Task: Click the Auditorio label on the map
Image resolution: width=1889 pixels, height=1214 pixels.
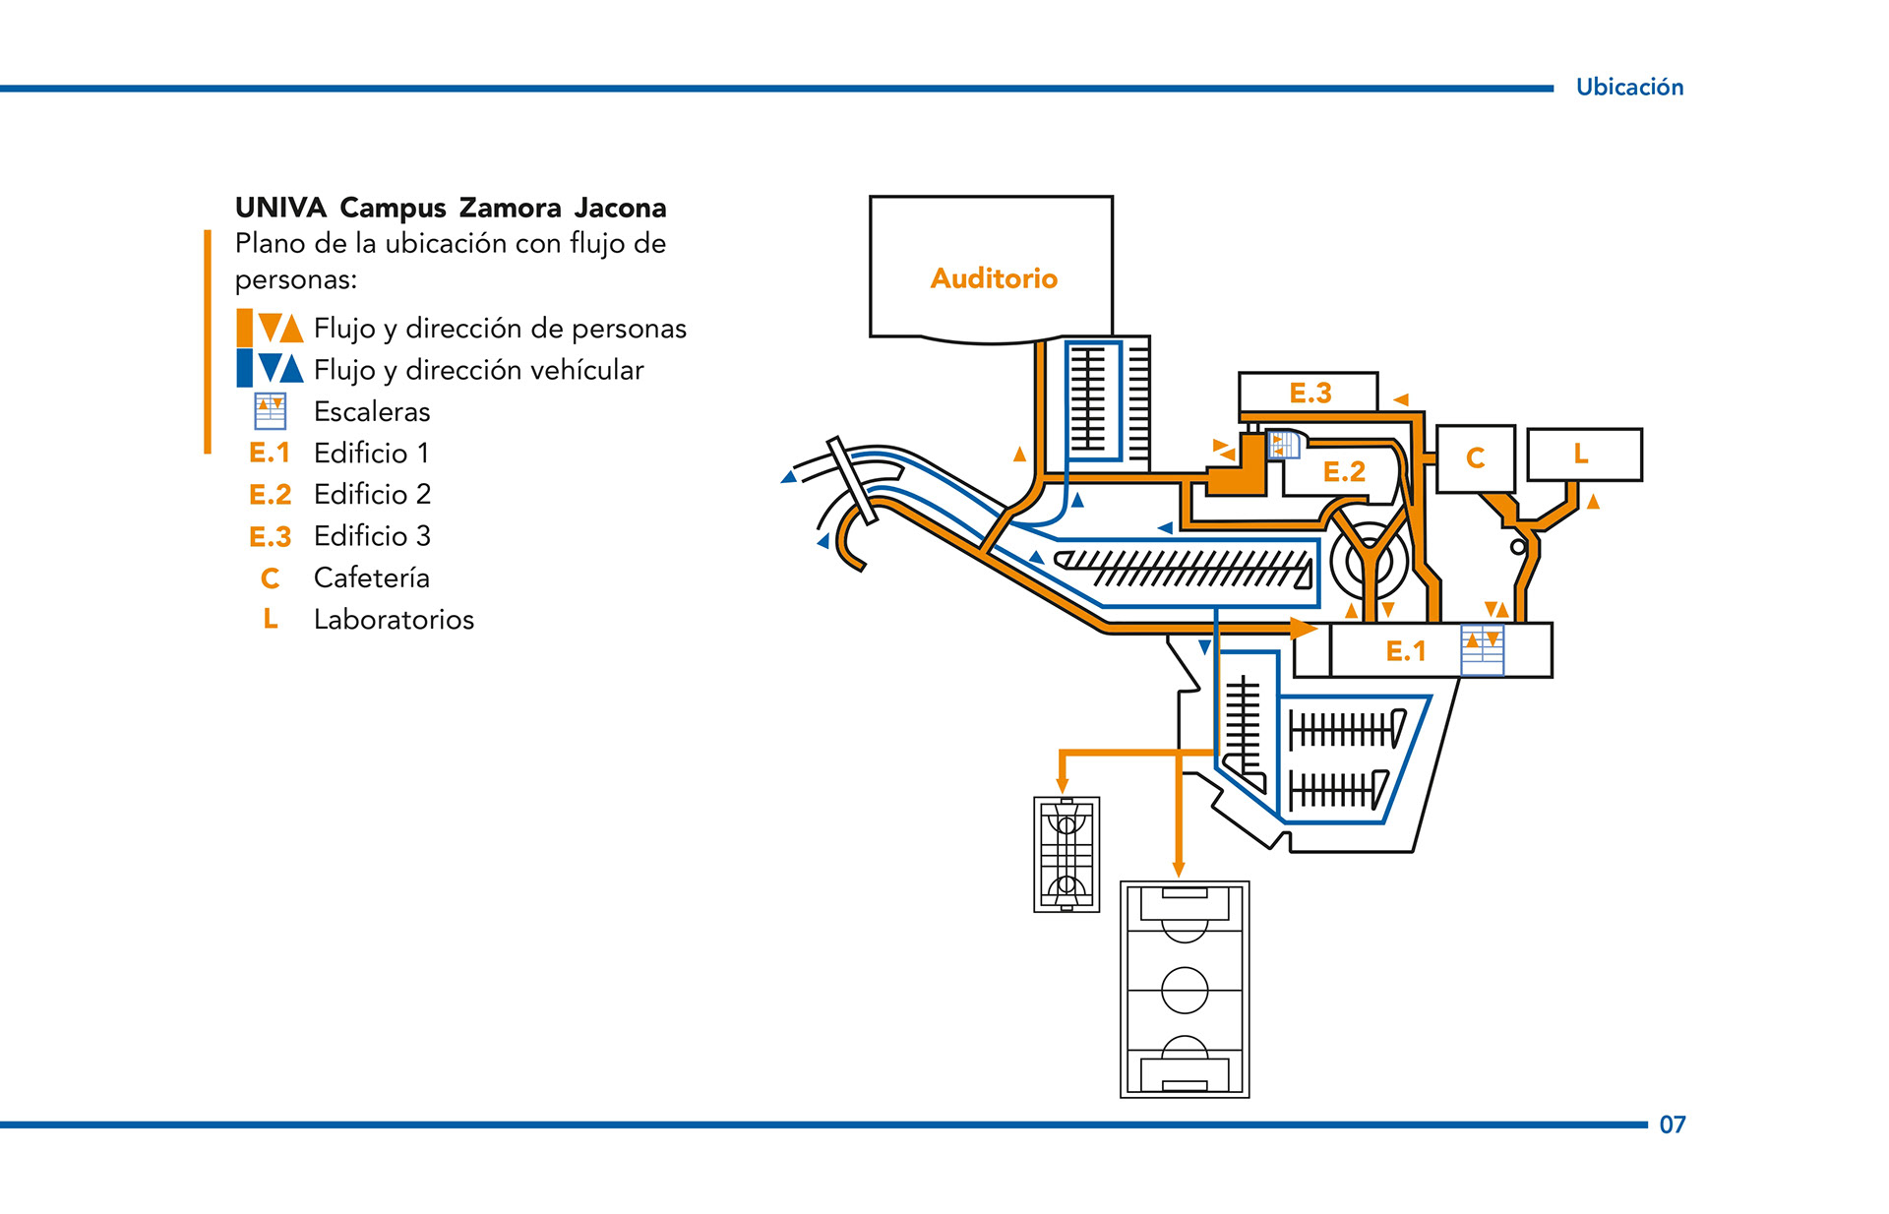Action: click(994, 278)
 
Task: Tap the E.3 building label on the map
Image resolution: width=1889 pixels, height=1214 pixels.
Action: click(1310, 394)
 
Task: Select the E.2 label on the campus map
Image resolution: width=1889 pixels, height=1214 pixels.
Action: click(1344, 472)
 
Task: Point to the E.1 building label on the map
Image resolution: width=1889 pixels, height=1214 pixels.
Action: click(1405, 651)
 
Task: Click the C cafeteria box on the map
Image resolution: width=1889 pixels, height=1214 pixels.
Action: click(1475, 458)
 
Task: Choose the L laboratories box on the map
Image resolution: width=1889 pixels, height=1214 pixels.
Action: click(1583, 455)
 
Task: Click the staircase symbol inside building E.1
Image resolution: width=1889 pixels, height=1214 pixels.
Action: click(1482, 650)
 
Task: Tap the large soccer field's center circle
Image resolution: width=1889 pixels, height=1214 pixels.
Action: click(1185, 990)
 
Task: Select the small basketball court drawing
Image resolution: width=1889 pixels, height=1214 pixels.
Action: click(1066, 854)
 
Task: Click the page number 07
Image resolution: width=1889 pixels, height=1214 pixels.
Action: click(1673, 1124)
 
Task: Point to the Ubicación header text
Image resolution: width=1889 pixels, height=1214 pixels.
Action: click(1629, 88)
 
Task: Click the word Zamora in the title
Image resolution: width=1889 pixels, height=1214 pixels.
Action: click(510, 209)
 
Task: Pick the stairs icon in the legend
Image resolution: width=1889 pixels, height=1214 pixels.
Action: click(270, 411)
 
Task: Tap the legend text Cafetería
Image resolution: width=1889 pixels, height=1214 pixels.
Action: click(371, 577)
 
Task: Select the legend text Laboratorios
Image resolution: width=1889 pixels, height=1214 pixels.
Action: click(394, 620)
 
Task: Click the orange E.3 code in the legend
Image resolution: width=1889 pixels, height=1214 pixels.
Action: click(270, 537)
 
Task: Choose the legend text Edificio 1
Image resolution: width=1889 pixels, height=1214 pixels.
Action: click(371, 454)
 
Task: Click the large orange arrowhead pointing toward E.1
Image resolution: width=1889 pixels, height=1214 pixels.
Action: click(1304, 628)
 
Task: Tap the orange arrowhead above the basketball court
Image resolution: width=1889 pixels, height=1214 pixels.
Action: click(1063, 784)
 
